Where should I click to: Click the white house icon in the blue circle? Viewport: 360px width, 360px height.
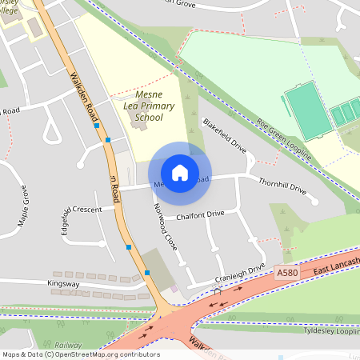pyautogui.click(x=179, y=172)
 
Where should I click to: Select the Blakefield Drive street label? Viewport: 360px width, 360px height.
pyautogui.click(x=225, y=137)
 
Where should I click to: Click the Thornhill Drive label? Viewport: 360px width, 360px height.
pyautogui.click(x=282, y=185)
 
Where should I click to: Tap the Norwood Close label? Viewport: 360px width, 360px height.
pyautogui.click(x=164, y=227)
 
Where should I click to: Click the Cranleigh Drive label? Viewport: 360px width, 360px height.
pyautogui.click(x=239, y=274)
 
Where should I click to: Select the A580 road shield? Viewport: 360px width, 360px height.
pyautogui.click(x=288, y=273)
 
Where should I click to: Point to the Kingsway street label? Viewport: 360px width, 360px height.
pyautogui.click(x=63, y=283)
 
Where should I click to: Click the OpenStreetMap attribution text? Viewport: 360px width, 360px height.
pyautogui.click(x=81, y=354)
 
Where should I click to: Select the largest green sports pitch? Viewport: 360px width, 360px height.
pyautogui.click(x=307, y=113)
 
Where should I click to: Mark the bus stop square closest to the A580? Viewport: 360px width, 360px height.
pyautogui.click(x=147, y=273)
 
